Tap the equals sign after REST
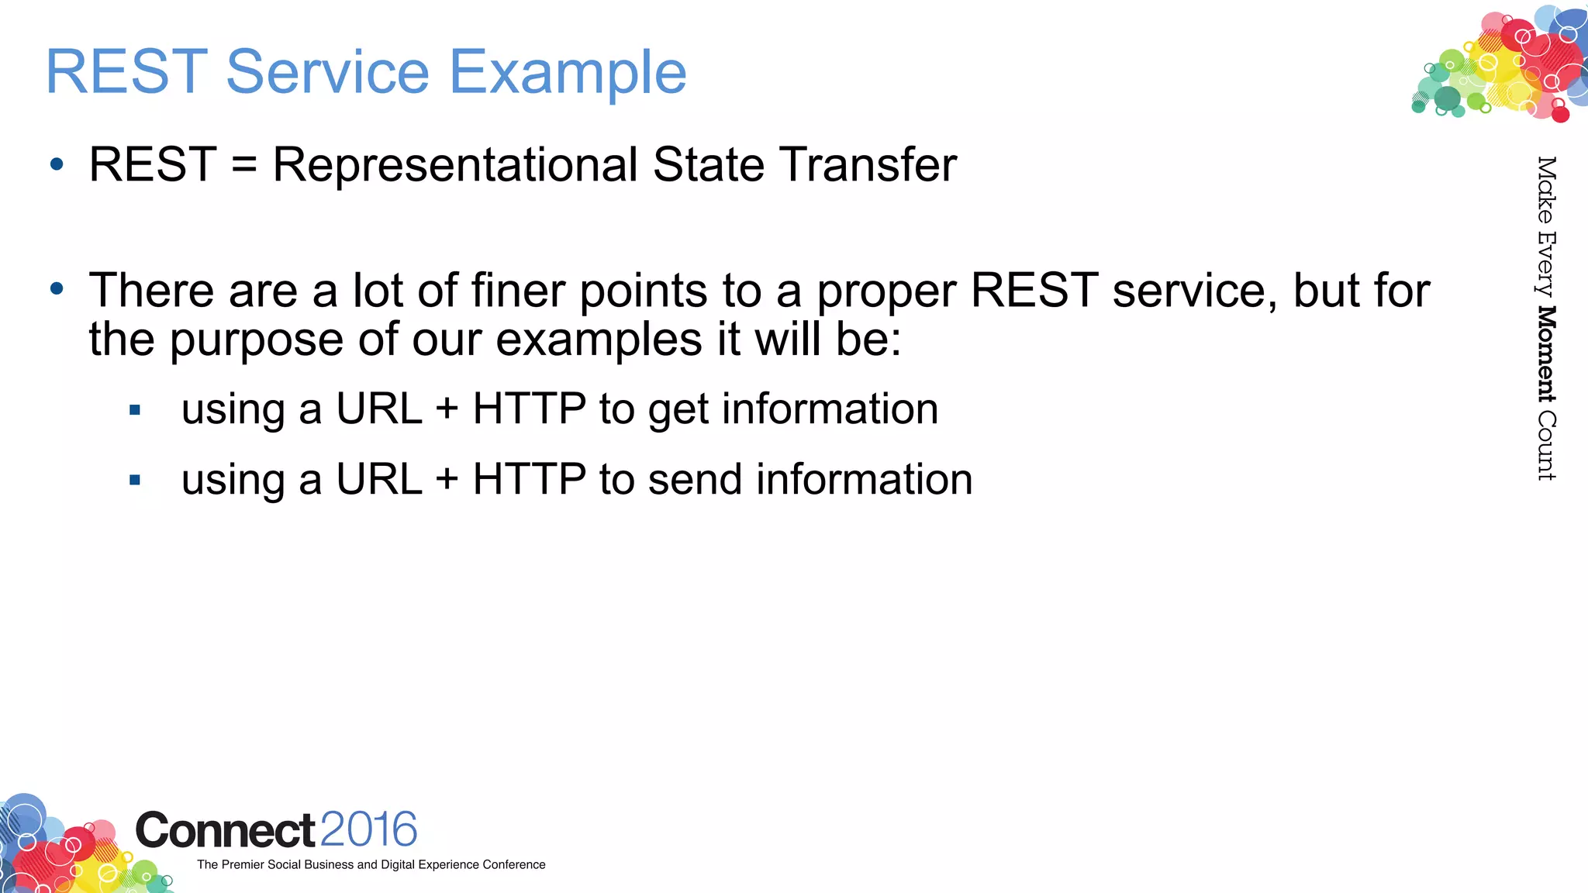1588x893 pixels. click(x=244, y=165)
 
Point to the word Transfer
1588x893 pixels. click(x=868, y=165)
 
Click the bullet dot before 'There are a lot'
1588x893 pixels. click(x=57, y=289)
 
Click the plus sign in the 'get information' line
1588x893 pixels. click(x=447, y=409)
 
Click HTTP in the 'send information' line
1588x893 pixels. click(x=529, y=479)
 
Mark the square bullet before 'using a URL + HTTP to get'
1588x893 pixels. click(x=135, y=410)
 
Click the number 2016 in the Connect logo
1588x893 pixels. click(x=368, y=830)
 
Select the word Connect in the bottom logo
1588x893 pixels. click(x=225, y=831)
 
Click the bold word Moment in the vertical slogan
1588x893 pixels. click(x=1546, y=354)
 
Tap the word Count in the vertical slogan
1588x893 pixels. click(x=1546, y=445)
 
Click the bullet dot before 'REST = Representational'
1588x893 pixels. click(x=57, y=164)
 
